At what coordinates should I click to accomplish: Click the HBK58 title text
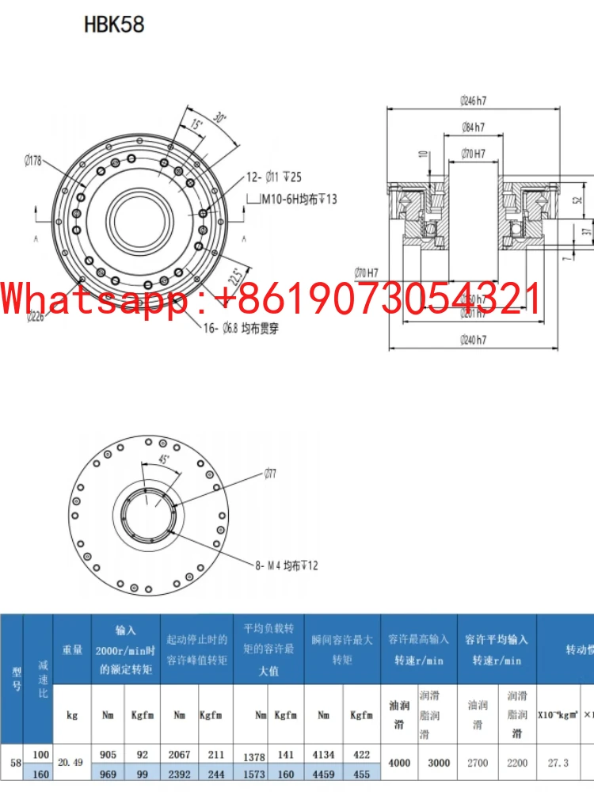114,25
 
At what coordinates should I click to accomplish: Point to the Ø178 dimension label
33,162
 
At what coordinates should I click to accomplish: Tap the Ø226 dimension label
34,317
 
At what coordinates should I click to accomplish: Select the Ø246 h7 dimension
473,101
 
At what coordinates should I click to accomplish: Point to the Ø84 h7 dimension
473,127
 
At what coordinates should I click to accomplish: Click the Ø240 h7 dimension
473,340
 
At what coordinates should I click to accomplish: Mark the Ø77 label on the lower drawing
271,474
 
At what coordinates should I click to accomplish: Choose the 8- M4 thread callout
287,565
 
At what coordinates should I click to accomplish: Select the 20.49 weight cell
72,763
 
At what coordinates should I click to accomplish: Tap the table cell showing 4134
323,755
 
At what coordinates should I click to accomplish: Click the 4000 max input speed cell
400,763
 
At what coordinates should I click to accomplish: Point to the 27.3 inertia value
558,763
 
